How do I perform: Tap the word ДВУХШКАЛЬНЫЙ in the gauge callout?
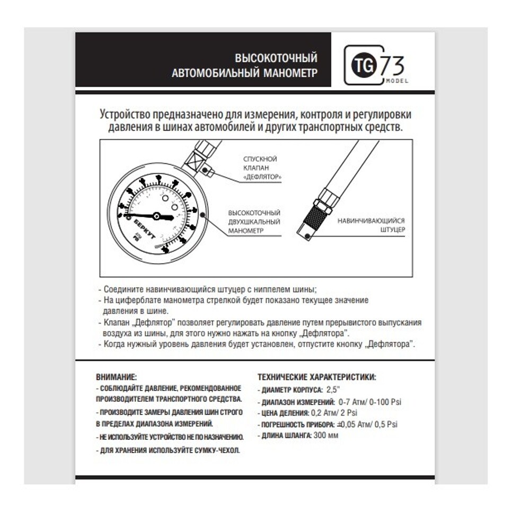tap(254, 222)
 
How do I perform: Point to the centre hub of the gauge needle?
tap(156, 216)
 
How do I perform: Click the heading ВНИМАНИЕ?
tap(116, 377)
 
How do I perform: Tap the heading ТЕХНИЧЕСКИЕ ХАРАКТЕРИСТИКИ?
tap(317, 377)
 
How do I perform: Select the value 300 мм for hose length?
tap(325, 436)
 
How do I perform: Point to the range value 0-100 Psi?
tap(383, 402)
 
